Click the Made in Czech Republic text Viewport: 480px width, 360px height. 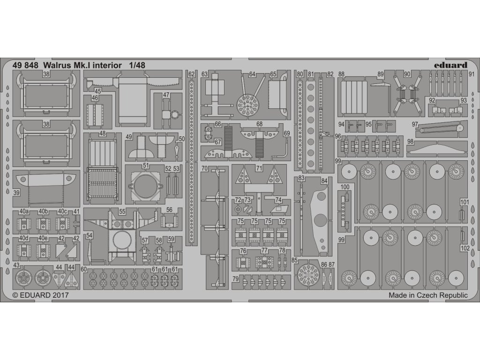tap(428, 296)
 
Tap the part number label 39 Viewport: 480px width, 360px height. tap(17, 193)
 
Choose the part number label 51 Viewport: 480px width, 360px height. tap(146, 165)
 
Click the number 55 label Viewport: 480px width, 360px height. tap(122, 212)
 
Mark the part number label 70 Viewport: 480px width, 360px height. tap(204, 168)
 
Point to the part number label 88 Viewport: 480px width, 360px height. tap(341, 74)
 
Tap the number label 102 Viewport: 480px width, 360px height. tap(464, 249)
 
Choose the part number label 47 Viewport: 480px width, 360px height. tap(166, 95)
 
